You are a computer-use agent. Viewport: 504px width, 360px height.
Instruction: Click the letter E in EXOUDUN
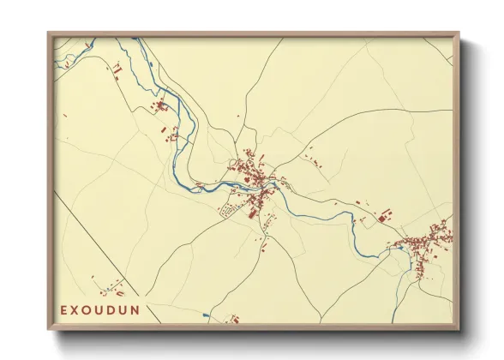pyautogui.click(x=64, y=307)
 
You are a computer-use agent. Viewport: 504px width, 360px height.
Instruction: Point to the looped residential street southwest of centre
pyautogui.click(x=230, y=210)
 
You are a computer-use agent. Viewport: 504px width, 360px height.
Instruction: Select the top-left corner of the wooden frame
pyautogui.click(x=48, y=33)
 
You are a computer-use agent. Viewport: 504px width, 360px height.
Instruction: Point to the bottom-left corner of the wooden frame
pyautogui.click(x=48, y=330)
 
